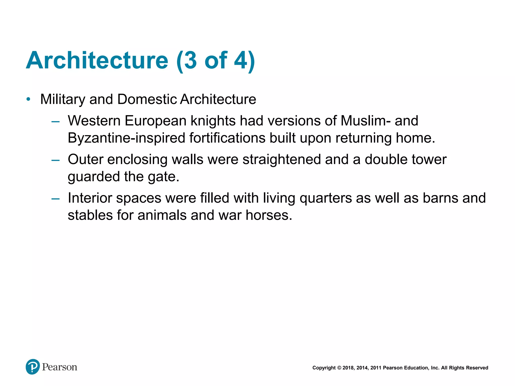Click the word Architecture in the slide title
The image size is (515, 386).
pyautogui.click(x=97, y=60)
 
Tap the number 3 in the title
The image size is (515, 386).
pyautogui.click(x=190, y=60)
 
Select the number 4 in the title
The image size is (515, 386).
pyautogui.click(x=241, y=60)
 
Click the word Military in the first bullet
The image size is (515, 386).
pyautogui.click(x=63, y=99)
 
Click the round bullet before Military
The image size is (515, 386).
pyautogui.click(x=28, y=99)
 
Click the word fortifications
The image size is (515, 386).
pyautogui.click(x=227, y=138)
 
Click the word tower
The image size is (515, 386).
pyautogui.click(x=429, y=160)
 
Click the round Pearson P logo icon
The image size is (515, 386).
pyautogui.click(x=33, y=367)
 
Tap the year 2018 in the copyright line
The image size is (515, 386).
pyautogui.click(x=348, y=368)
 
